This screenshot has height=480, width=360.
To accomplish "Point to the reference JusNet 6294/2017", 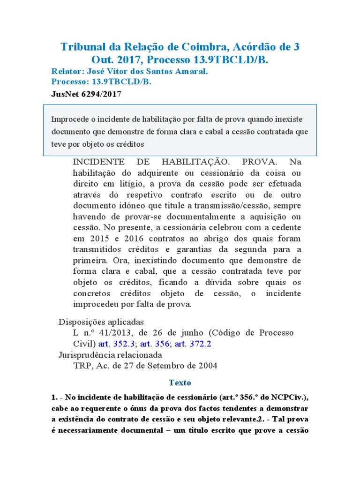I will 86,94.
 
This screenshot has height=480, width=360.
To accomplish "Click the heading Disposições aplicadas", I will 101,322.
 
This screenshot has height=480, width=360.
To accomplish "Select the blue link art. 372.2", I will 193,344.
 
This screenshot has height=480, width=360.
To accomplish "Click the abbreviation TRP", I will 82,366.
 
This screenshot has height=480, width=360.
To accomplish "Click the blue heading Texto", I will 180,383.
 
